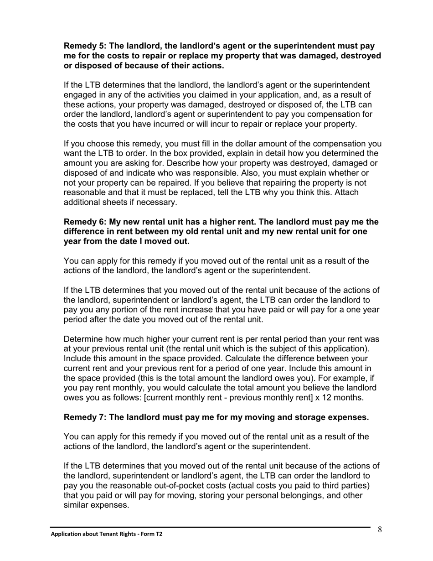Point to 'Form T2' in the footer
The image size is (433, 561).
[152, 534]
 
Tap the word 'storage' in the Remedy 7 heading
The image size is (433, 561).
[288, 417]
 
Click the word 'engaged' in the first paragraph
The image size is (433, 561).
[80, 95]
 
